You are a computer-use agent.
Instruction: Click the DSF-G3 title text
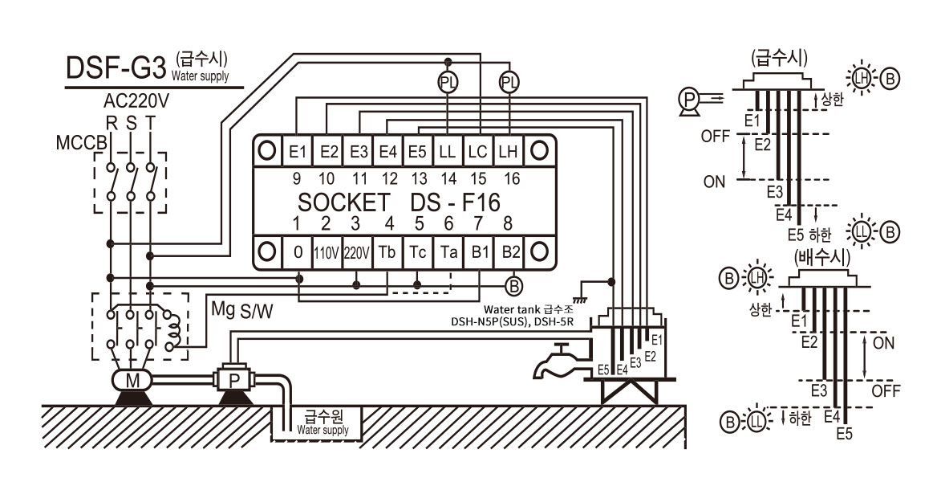point(115,68)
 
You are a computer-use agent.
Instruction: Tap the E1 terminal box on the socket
point(297,151)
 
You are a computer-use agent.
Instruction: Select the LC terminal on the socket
point(477,151)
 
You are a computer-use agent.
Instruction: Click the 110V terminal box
point(327,253)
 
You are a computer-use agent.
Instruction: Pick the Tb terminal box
point(387,253)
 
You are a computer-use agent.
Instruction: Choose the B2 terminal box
point(511,253)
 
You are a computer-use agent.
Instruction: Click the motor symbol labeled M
point(132,380)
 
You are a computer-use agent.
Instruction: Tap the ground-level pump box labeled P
point(234,379)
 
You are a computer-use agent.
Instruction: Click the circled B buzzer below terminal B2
point(513,286)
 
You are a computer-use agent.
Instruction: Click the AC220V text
point(136,100)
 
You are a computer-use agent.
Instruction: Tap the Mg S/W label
point(242,310)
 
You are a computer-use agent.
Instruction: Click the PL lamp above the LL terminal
point(448,83)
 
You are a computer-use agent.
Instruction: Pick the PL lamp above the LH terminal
point(509,83)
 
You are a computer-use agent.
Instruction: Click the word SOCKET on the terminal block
point(343,203)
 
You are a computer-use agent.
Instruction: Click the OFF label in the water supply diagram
point(716,137)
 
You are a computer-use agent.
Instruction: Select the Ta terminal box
point(448,253)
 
